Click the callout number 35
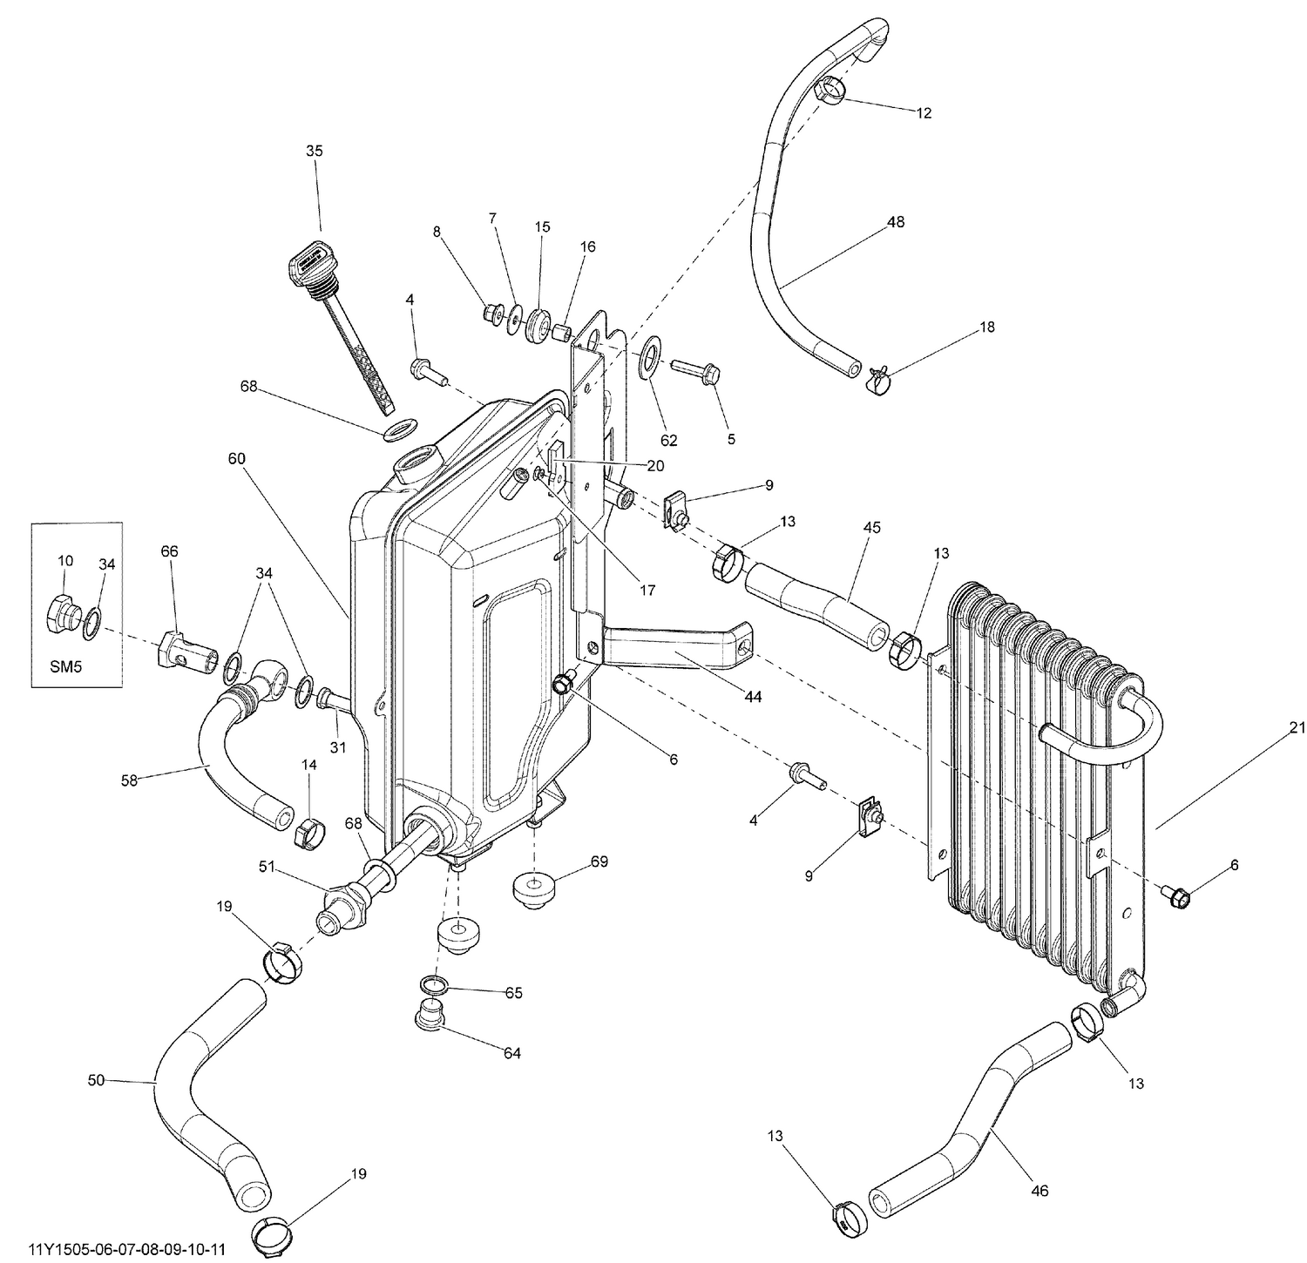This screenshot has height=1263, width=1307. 314,151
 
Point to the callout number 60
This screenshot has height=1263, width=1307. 238,458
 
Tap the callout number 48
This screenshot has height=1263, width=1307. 895,222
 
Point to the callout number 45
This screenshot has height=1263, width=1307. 871,528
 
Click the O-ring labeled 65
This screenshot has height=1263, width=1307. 434,985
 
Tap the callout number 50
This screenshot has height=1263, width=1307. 96,1080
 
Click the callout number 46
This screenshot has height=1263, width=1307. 1040,1191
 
